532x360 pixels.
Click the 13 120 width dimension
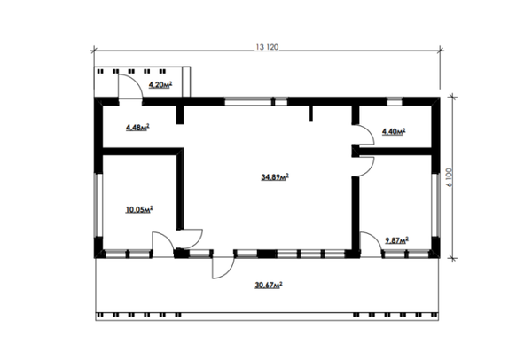pyautogui.click(x=267, y=47)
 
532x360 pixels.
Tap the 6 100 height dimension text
pyautogui.click(x=450, y=177)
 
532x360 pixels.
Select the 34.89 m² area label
pyautogui.click(x=275, y=176)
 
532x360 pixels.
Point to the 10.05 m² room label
pyautogui.click(x=139, y=209)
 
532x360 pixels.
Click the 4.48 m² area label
pyautogui.click(x=137, y=128)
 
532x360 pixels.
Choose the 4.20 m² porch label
pyautogui.click(x=160, y=84)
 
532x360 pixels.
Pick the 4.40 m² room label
pyautogui.click(x=394, y=131)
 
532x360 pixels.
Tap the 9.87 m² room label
pyautogui.click(x=396, y=240)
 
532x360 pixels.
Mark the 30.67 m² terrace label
pyautogui.click(x=269, y=285)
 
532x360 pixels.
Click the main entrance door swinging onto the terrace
pyautogui.click(x=228, y=272)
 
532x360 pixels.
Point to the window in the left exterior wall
pyautogui.click(x=98, y=205)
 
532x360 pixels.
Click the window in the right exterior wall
pyautogui.click(x=435, y=205)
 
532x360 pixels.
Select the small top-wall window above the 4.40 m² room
pyautogui.click(x=395, y=101)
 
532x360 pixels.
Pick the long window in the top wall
pyautogui.click(x=248, y=101)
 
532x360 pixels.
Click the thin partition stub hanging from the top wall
pyautogui.click(x=311, y=113)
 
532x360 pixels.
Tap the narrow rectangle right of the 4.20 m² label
pyautogui.click(x=186, y=82)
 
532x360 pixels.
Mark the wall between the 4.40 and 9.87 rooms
pyautogui.click(x=395, y=152)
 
